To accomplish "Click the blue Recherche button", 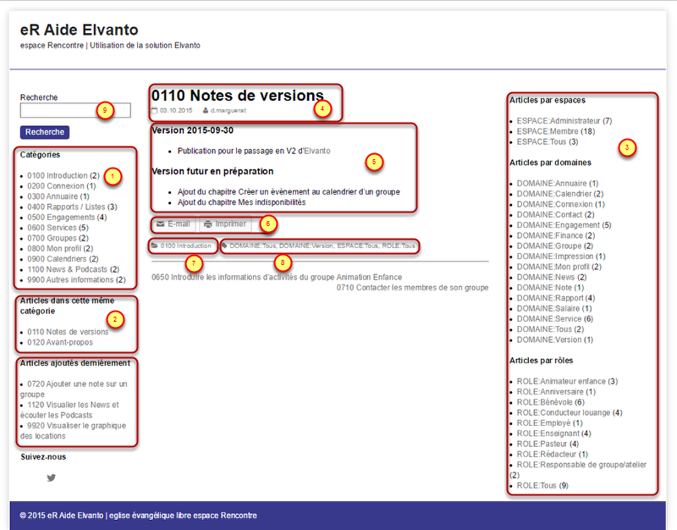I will pyautogui.click(x=44, y=132).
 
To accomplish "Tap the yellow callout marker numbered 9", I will pyautogui.click(x=105, y=110).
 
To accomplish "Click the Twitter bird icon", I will pyautogui.click(x=52, y=478).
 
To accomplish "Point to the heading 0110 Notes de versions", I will pyautogui.click(x=237, y=96).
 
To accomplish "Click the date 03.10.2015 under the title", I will pyautogui.click(x=175, y=111).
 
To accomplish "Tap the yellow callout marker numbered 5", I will pyautogui.click(x=375, y=160).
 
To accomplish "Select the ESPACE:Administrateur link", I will pyautogui.click(x=558, y=121).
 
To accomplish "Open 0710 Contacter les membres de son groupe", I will pyautogui.click(x=412, y=288).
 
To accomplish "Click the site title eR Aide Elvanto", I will pyautogui.click(x=79, y=30).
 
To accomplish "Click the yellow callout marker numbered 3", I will pyautogui.click(x=626, y=147).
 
